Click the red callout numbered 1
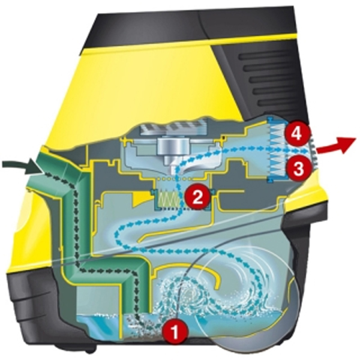coord(175,332)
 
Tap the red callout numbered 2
coord(197,197)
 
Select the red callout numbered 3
coord(298,169)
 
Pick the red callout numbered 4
coord(297,134)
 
